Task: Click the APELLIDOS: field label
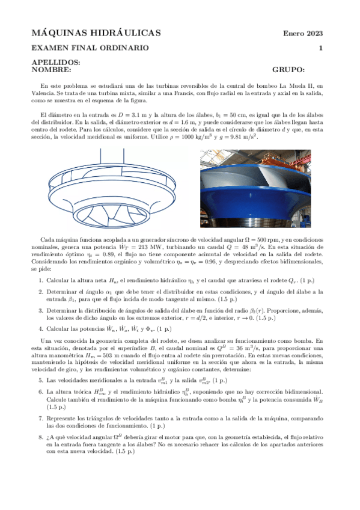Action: coord(55,63)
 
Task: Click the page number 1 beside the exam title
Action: coord(321,48)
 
